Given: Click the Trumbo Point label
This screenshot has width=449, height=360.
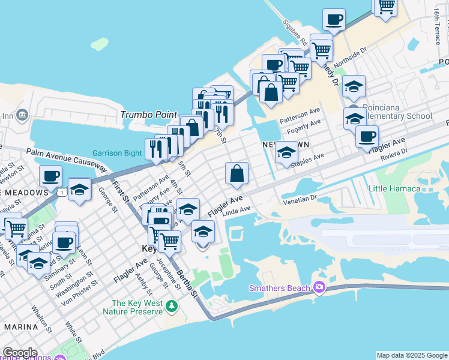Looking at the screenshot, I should [148, 115].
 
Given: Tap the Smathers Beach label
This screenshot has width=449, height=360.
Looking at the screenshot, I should [280, 289].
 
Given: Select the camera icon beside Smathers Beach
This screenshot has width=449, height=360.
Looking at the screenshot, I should [319, 288].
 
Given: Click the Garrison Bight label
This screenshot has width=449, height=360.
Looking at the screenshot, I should [116, 153].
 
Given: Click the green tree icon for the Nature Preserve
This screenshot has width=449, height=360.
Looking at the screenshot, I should [172, 307].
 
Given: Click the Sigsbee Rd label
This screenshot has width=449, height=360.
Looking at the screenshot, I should [295, 32].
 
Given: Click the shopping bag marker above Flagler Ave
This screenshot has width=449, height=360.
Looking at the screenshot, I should [237, 174].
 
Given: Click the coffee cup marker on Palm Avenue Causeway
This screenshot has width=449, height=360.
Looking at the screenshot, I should [50, 176].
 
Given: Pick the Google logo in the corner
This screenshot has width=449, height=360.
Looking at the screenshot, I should [20, 353].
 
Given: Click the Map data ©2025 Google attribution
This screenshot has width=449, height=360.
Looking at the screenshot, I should [412, 355].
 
